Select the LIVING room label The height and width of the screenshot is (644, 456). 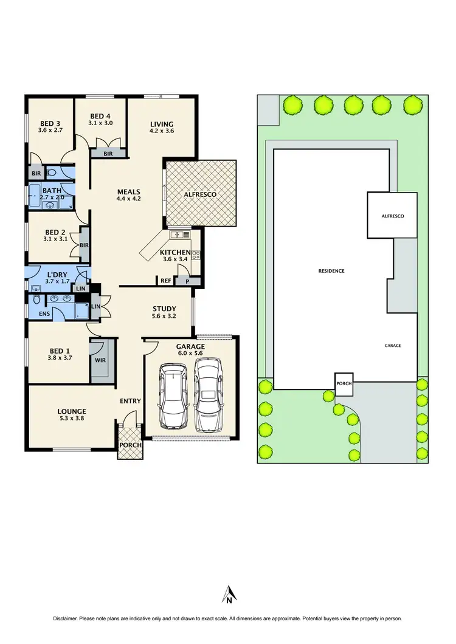point(162,125)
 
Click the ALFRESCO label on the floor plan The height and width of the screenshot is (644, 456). point(201,194)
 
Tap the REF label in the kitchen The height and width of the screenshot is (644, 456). point(165,281)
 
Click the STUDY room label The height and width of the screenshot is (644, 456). point(164,308)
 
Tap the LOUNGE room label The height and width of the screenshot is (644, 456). point(72,411)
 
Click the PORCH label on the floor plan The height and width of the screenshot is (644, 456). point(131,445)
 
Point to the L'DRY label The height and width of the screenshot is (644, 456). point(58,275)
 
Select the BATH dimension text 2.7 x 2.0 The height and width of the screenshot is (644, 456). point(52,198)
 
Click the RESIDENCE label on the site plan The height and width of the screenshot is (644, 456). point(332,271)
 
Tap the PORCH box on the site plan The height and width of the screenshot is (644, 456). point(344,383)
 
